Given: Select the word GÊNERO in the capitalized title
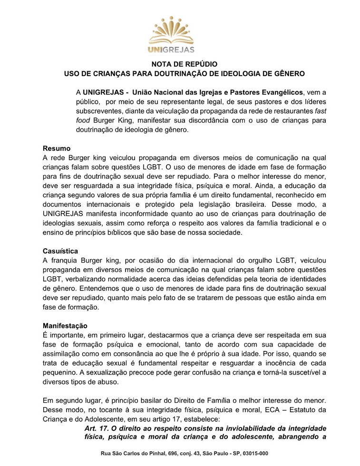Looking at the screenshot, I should click(x=288, y=74).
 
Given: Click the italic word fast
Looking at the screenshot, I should click(x=319, y=110).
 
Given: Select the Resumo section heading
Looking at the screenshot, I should click(x=57, y=148).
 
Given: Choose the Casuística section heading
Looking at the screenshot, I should click(x=60, y=251).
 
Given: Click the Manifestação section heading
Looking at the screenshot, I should click(x=65, y=326).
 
